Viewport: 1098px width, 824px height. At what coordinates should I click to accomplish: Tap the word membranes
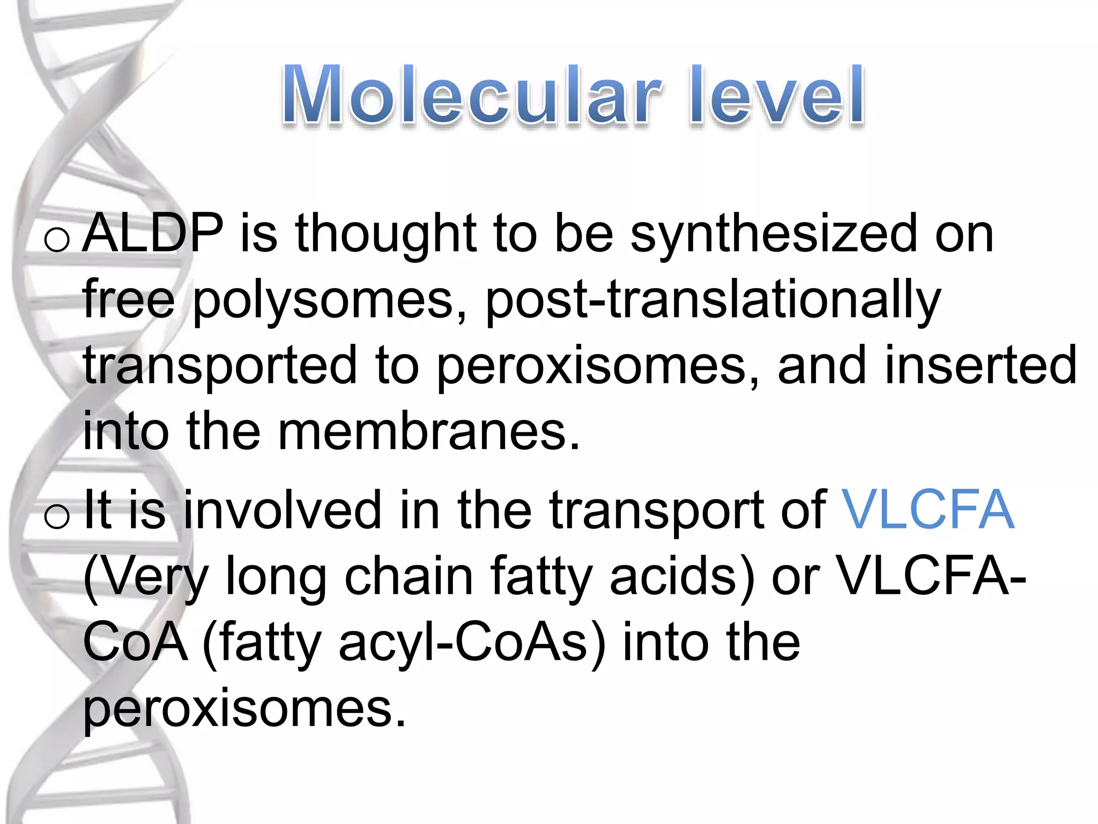pyautogui.click(x=429, y=432)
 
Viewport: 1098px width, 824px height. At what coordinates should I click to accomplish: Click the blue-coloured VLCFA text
pyautogui.click(x=928, y=510)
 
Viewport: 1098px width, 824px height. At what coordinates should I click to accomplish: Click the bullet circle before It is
pyautogui.click(x=57, y=516)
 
